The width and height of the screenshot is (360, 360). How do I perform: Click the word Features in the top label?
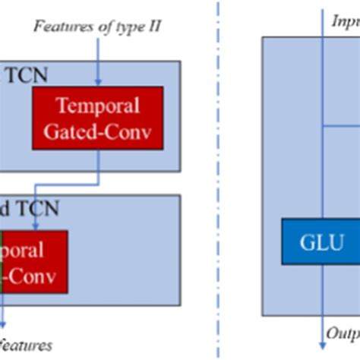click(x=60, y=28)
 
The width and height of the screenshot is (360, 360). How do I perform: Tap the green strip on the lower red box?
click(x=2, y=262)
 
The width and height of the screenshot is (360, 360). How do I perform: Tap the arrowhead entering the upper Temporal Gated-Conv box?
click(x=99, y=81)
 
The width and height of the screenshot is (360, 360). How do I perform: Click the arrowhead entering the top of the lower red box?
click(x=36, y=226)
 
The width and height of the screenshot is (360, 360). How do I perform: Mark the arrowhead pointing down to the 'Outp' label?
click(x=322, y=325)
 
